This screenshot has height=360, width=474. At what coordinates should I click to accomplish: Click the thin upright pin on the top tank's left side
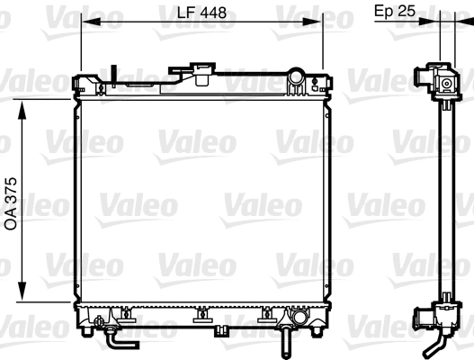point(116,76)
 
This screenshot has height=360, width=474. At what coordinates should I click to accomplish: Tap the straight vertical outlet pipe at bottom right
point(283,342)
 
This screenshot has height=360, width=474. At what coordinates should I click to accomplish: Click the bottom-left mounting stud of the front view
point(85,332)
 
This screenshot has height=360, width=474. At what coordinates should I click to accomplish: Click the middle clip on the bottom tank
point(200,316)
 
